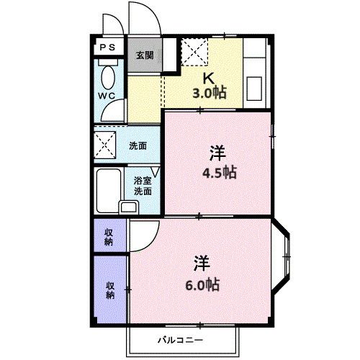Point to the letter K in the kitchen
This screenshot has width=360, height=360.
pos(207,78)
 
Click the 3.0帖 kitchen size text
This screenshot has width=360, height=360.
pos(208,93)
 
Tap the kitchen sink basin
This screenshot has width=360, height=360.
pos(255,89)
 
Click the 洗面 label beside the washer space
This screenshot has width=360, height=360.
pos(138,145)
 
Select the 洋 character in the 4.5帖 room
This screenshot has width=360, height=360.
pos(217,153)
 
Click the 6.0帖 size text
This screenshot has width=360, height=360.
pos(202,284)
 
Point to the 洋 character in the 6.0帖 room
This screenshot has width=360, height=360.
pos(201,263)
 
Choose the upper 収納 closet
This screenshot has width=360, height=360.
pos(109,236)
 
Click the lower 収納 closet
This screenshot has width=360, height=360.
pos(110,289)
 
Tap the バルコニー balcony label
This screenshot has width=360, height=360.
pos(181,339)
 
